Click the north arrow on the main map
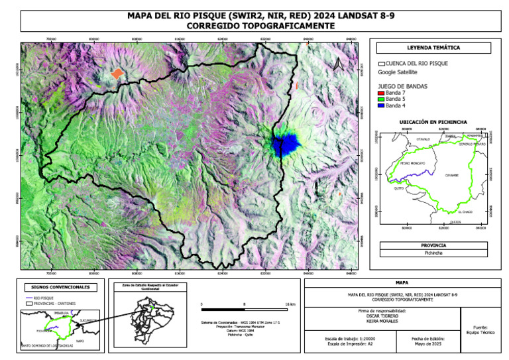click(339, 64)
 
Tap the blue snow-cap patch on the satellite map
click(286, 143)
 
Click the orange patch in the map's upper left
click(117, 74)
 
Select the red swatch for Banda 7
click(381, 93)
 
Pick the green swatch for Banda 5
click(381, 99)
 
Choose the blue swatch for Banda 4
click(381, 106)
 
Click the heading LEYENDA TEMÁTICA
click(434, 48)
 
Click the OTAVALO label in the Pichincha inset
click(423, 139)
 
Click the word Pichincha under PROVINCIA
click(434, 253)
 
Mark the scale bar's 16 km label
click(290, 303)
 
